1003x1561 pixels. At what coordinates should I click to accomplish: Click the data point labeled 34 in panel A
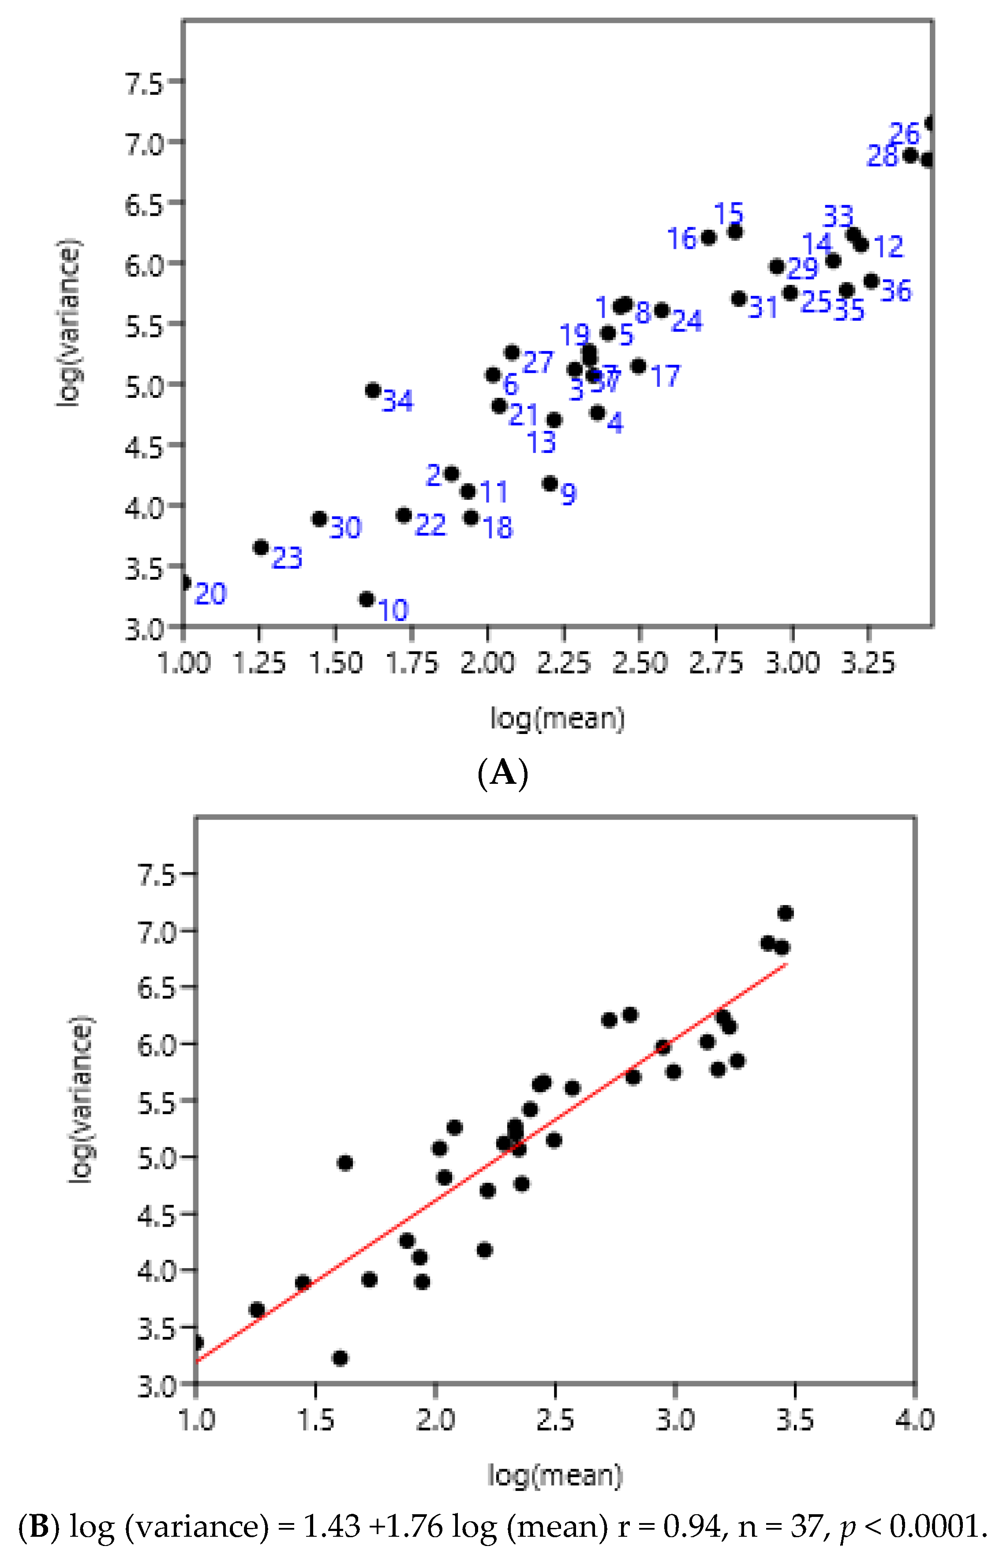click(373, 390)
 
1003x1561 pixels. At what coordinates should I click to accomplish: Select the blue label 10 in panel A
click(393, 610)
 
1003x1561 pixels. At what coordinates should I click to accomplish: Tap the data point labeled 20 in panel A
click(185, 582)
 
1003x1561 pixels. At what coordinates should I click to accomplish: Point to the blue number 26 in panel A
click(904, 134)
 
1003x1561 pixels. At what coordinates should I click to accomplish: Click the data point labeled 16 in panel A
click(709, 238)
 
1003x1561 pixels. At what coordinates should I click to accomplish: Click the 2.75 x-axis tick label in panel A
click(716, 663)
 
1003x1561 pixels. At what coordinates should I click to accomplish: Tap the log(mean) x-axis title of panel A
click(557, 719)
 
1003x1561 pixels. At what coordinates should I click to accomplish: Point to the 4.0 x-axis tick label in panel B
click(914, 1419)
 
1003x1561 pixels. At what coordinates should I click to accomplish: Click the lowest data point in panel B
click(339, 1358)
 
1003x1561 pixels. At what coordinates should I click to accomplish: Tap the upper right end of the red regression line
click(787, 964)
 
